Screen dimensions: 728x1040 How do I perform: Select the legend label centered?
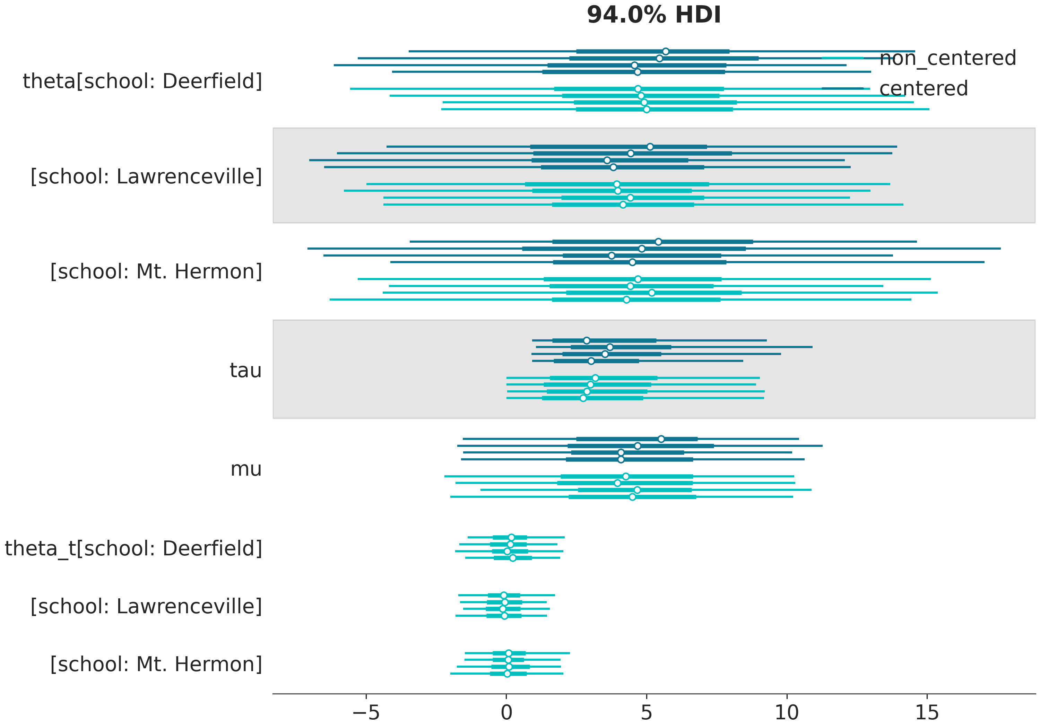[x=923, y=88]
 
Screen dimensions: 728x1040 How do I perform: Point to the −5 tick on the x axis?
[x=366, y=713]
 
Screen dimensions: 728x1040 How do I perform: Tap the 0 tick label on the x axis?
[x=506, y=713]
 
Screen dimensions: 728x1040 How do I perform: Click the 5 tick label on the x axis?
[x=647, y=713]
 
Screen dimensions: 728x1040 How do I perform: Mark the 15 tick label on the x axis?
[x=927, y=713]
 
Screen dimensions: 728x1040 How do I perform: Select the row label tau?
[x=245, y=370]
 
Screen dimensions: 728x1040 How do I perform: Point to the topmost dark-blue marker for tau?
[x=587, y=340]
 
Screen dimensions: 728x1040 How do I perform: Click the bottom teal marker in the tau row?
[x=583, y=398]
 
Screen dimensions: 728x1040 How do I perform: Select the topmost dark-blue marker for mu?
[x=661, y=439]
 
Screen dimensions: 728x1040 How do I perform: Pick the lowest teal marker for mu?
[x=632, y=497]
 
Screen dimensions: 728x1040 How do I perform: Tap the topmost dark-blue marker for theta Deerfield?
[x=665, y=51]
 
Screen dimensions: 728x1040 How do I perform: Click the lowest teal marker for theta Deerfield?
[x=647, y=109]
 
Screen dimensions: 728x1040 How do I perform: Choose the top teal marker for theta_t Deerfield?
[x=511, y=537]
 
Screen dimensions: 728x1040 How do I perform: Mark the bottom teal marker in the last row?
[x=507, y=674]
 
